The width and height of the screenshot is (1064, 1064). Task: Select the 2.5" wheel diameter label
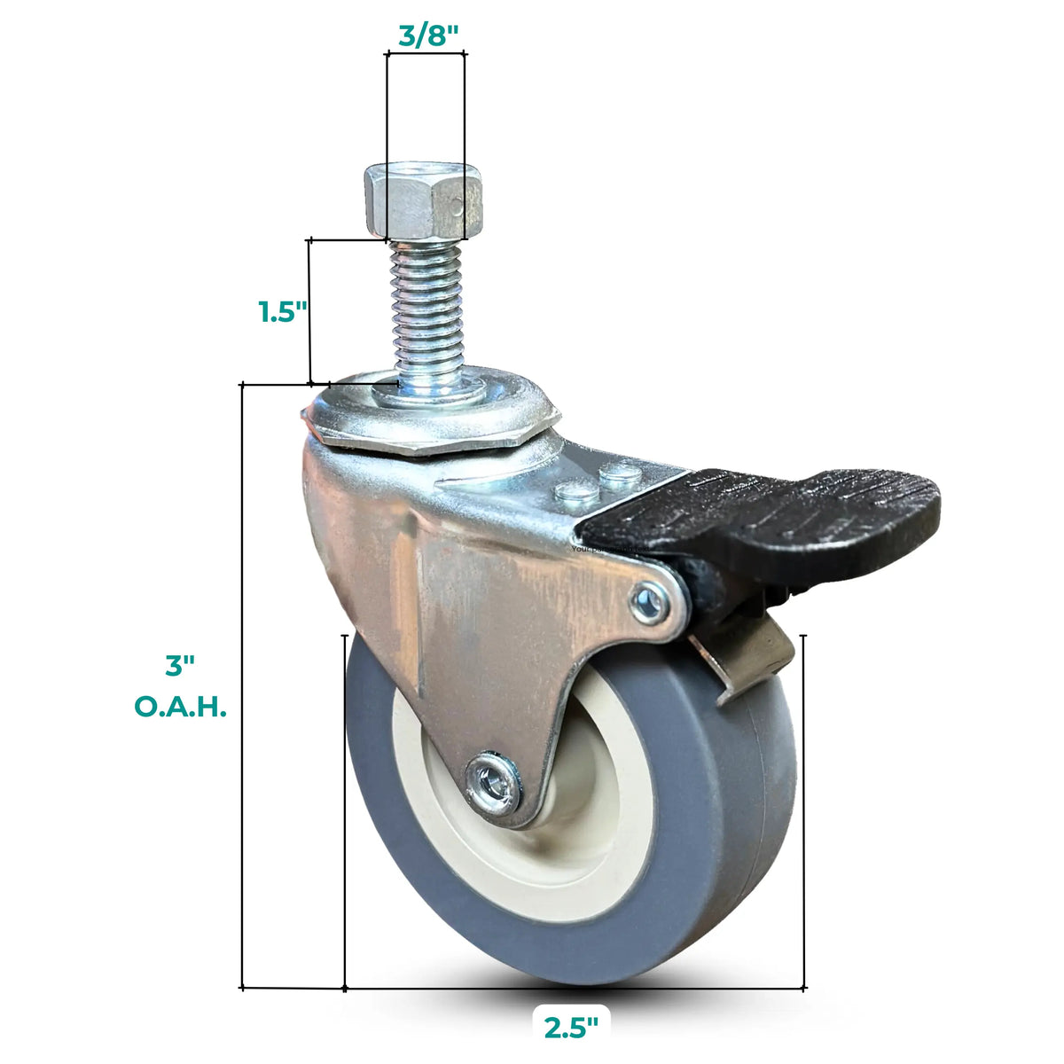click(571, 1028)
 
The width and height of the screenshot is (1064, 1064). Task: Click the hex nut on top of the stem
click(423, 201)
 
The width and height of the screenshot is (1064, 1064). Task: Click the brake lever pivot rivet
click(651, 604)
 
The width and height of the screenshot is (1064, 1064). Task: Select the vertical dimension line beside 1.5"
click(309, 310)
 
